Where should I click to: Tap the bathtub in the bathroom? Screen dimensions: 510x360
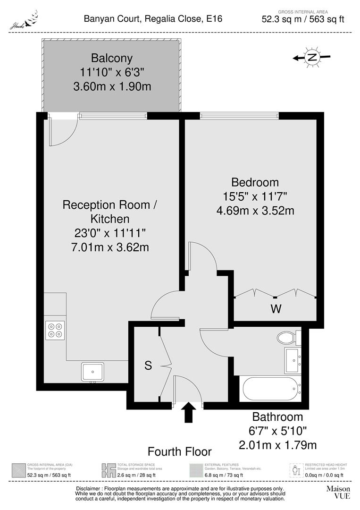click(x=271, y=390)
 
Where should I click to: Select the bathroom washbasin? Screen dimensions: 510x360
click(x=292, y=361)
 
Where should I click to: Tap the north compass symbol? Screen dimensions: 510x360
click(x=311, y=58)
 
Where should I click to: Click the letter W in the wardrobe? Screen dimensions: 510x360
click(x=276, y=310)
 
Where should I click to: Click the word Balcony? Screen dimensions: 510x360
click(x=112, y=59)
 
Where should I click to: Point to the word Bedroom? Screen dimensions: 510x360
click(x=255, y=182)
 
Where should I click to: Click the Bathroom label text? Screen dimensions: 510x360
click(x=277, y=417)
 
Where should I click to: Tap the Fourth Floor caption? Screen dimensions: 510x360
click(x=180, y=451)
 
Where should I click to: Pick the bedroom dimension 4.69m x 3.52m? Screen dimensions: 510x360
click(x=255, y=210)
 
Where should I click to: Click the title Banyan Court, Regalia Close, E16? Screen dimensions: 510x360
click(x=153, y=19)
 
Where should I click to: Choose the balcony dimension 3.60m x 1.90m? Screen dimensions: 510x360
click(x=112, y=87)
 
